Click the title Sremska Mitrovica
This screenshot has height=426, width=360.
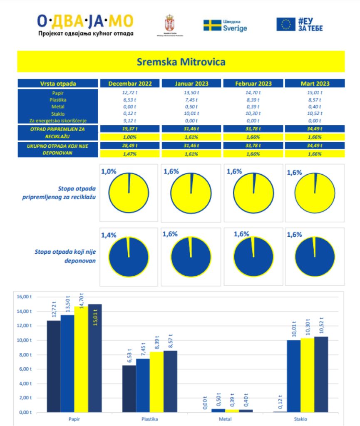pyautogui.click(x=181, y=62)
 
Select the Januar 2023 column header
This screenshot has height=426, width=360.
pyautogui.click(x=191, y=83)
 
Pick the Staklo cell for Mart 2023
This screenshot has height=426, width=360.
pyautogui.click(x=315, y=114)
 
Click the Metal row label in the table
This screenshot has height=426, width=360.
pyautogui.click(x=58, y=106)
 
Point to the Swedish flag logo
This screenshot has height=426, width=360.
pyautogui.click(x=212, y=25)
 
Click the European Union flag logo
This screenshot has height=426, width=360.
pyautogui.click(x=286, y=24)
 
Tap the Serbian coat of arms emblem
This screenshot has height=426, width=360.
pyautogui.click(x=170, y=22)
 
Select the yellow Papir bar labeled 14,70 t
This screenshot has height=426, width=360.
pyautogui.click(x=81, y=359)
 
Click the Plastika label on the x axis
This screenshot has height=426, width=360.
pyautogui.click(x=149, y=419)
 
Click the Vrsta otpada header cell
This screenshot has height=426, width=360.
pyautogui.click(x=58, y=83)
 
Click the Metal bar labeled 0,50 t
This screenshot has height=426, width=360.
pyautogui.click(x=218, y=410)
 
